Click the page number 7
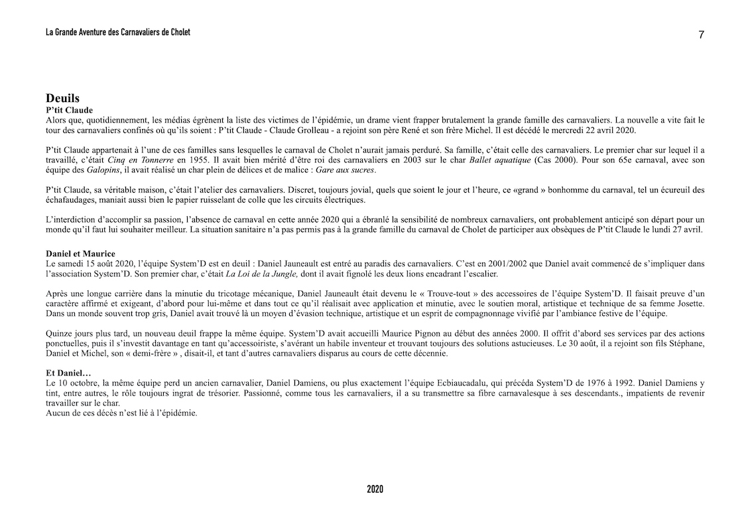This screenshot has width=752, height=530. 701,35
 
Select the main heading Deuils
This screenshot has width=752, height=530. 63,99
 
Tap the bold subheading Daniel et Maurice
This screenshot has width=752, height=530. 80,254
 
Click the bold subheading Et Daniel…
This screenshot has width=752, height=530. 68,374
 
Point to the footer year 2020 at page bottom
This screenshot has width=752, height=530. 375,490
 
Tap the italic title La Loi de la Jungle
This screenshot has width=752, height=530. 263,274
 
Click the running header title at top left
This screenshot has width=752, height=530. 118,32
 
